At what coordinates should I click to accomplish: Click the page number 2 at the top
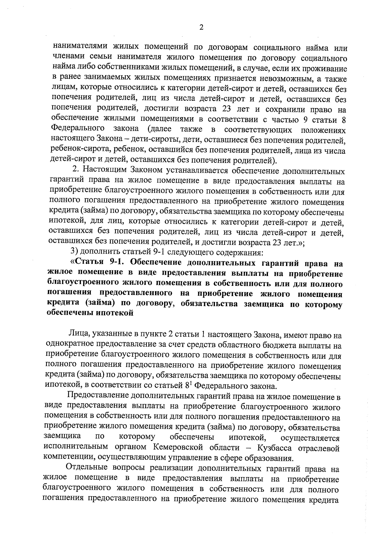click(x=201, y=28)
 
